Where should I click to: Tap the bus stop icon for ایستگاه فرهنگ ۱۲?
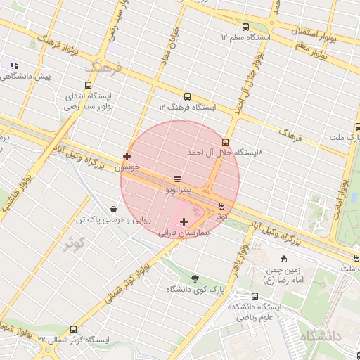[x=186, y=96]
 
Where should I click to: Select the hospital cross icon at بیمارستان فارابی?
[x=184, y=221]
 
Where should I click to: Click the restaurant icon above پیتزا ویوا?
[x=176, y=179]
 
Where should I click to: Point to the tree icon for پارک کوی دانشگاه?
[x=194, y=278]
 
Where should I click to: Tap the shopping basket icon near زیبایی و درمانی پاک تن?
[x=113, y=209]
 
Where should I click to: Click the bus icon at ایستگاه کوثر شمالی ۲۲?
[x=74, y=329]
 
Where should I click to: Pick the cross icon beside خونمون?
[x=127, y=156]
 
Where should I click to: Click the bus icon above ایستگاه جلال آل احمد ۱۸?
[x=225, y=141]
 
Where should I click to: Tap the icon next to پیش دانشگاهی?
[x=14, y=65]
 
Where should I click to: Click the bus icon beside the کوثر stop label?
[x=222, y=206]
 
